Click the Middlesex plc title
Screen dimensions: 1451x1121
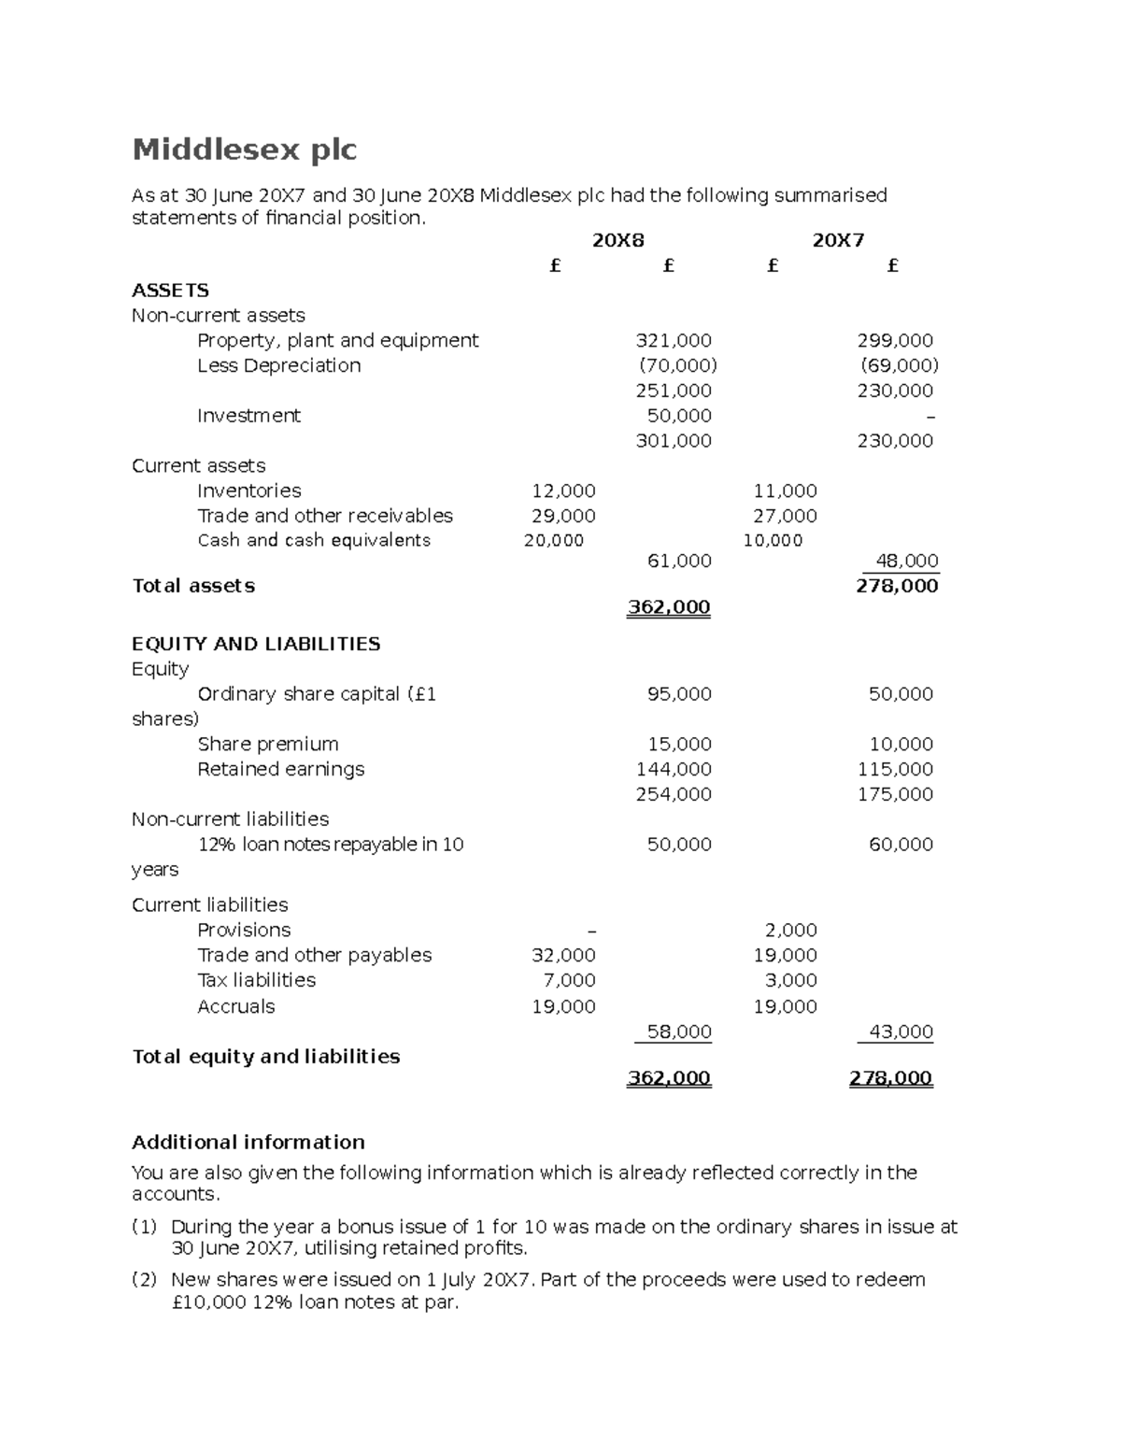pyautogui.click(x=244, y=149)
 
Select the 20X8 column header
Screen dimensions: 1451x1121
pyautogui.click(x=617, y=241)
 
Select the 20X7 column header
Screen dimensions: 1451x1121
pyautogui.click(x=838, y=241)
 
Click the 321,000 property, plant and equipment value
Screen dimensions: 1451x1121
pyautogui.click(x=673, y=341)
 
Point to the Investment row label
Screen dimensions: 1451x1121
pyautogui.click(x=248, y=416)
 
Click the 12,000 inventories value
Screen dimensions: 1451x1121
pyautogui.click(x=563, y=491)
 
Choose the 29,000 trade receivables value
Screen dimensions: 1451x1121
pyautogui.click(x=563, y=516)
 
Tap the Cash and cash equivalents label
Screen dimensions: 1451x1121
pyautogui.click(x=314, y=540)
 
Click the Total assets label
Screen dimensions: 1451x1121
pyautogui.click(x=193, y=586)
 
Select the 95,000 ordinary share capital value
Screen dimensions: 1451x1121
pyautogui.click(x=679, y=694)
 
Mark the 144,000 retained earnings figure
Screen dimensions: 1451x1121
pyautogui.click(x=673, y=769)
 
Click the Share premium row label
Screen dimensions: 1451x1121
pyautogui.click(x=268, y=745)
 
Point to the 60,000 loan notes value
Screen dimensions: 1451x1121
pyautogui.click(x=901, y=845)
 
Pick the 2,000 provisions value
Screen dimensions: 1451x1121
pyautogui.click(x=790, y=930)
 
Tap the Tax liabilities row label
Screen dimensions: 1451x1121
pyautogui.click(x=257, y=980)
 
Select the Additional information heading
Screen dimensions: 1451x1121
pyautogui.click(x=248, y=1142)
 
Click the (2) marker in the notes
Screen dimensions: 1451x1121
pyautogui.click(x=144, y=1280)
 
